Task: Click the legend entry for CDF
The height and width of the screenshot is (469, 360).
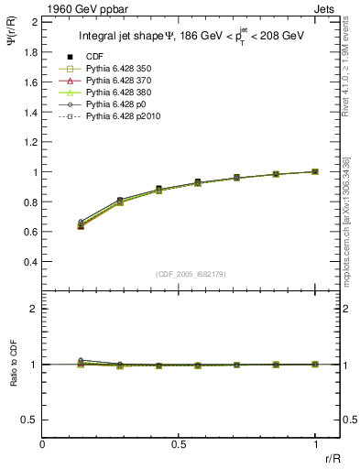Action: [x=93, y=57]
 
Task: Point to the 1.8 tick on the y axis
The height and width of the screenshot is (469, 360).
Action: [x=32, y=51]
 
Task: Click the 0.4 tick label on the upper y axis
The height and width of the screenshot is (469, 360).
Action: [x=32, y=262]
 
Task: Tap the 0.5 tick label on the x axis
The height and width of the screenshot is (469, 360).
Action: [x=179, y=444]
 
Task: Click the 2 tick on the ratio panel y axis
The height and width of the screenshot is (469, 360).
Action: [x=35, y=309]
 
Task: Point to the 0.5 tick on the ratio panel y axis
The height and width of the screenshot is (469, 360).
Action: [x=32, y=420]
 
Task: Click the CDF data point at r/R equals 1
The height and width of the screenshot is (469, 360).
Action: [x=315, y=171]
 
